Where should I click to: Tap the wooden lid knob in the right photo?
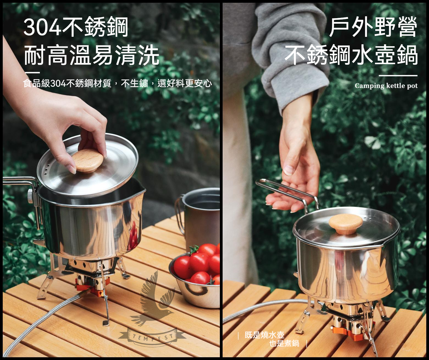click(346, 224)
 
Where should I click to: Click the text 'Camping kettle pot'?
click(386, 86)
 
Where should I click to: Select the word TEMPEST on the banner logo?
click(152, 338)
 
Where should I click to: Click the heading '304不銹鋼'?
click(76, 27)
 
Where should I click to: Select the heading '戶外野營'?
click(373, 27)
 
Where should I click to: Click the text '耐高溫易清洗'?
click(92, 55)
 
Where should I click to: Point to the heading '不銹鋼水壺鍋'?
click(351, 55)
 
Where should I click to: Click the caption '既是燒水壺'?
click(264, 335)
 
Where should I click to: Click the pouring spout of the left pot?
click(142, 190)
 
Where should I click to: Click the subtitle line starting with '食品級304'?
click(118, 83)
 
